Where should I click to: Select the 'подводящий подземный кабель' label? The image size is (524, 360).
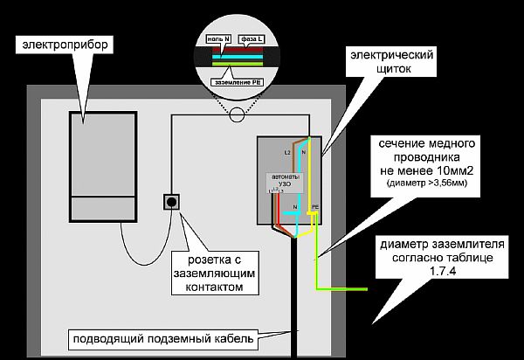coord(162,338)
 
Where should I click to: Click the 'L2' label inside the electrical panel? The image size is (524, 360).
coord(286,152)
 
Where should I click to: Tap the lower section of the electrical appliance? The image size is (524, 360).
coord(103,209)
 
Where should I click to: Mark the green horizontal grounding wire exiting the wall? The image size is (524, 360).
coord(345,288)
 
